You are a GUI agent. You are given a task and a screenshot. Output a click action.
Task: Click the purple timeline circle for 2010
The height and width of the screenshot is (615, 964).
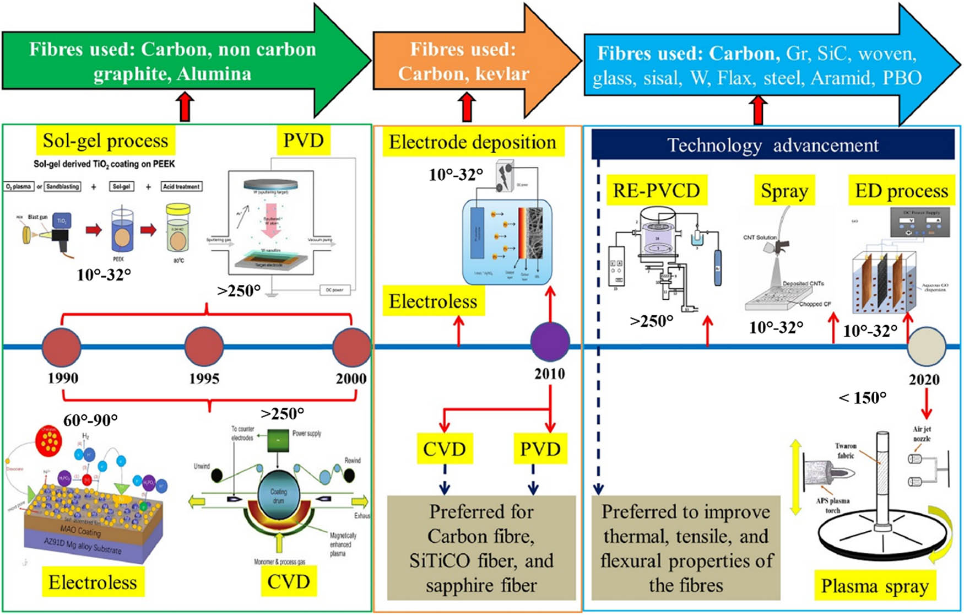click(550, 342)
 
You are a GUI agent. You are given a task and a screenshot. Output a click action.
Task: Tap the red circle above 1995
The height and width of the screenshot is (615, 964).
click(204, 347)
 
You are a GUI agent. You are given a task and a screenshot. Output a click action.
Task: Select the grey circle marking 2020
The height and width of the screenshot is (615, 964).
click(927, 347)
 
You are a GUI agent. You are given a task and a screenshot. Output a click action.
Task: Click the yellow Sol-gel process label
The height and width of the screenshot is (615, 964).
click(105, 141)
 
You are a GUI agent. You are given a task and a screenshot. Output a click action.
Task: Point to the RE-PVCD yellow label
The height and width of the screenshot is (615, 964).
click(656, 191)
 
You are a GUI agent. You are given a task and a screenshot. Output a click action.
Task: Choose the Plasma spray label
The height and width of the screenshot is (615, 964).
click(875, 586)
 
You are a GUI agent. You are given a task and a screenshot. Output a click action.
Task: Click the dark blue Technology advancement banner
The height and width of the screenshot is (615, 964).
click(772, 145)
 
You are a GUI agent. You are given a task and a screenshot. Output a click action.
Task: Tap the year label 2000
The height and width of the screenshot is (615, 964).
click(351, 379)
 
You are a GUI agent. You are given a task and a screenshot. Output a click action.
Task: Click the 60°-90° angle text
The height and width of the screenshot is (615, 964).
click(90, 420)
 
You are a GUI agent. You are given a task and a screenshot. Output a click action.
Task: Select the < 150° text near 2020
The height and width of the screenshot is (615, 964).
click(862, 397)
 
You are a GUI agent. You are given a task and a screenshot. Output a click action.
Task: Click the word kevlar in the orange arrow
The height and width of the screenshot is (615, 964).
click(502, 74)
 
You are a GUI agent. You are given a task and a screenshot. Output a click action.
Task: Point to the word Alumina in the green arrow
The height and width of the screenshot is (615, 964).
click(214, 74)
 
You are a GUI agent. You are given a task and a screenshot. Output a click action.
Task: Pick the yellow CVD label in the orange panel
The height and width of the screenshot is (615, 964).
click(444, 449)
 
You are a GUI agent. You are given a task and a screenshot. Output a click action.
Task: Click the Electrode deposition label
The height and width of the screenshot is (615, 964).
click(472, 143)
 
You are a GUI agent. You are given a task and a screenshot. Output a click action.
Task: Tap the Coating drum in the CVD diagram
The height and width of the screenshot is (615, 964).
click(279, 495)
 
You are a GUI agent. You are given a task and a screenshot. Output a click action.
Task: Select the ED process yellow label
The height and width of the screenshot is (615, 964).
click(901, 191)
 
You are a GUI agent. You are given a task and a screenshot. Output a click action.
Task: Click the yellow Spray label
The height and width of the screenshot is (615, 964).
click(784, 191)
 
